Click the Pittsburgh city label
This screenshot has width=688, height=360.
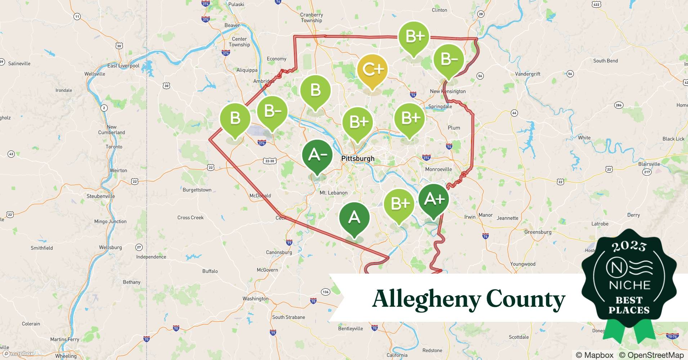tap(358, 158)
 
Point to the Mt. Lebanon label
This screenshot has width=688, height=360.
tap(334, 193)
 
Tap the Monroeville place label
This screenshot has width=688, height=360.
tap(438, 169)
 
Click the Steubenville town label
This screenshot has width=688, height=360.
tap(100, 196)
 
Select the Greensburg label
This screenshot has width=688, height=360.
tap(538, 232)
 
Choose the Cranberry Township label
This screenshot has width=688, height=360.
tap(312, 18)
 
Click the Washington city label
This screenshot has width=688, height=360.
tap(255, 298)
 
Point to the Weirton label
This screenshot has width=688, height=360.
tap(118, 170)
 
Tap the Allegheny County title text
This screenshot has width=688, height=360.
tap(468, 299)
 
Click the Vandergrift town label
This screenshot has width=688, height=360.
tap(528, 74)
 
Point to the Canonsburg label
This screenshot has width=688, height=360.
tap(279, 252)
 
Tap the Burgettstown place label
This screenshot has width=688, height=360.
tap(197, 190)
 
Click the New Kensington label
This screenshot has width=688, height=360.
tap(448, 91)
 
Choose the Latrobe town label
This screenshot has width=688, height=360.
tap(600, 224)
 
